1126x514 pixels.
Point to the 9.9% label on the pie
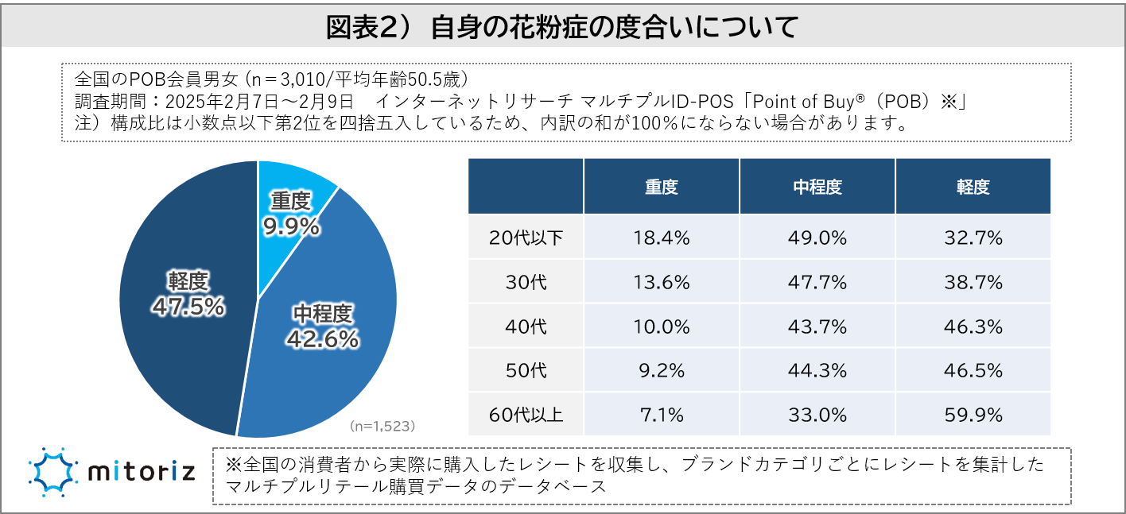(x=291, y=227)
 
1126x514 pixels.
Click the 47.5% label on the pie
(x=190, y=307)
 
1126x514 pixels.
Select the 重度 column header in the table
(x=661, y=187)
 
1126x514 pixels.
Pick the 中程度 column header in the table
(x=817, y=187)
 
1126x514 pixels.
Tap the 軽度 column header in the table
(x=973, y=187)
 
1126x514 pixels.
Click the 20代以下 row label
(x=525, y=237)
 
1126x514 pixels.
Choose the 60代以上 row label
(x=525, y=415)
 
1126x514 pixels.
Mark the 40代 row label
(x=525, y=326)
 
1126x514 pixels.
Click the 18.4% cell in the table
(x=661, y=237)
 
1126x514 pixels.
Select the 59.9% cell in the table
(x=973, y=415)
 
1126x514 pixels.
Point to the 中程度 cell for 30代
(x=817, y=281)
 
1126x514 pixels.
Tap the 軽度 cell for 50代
(x=973, y=370)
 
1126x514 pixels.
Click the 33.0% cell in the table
(x=817, y=415)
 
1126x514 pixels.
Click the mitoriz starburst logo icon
(x=52, y=472)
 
